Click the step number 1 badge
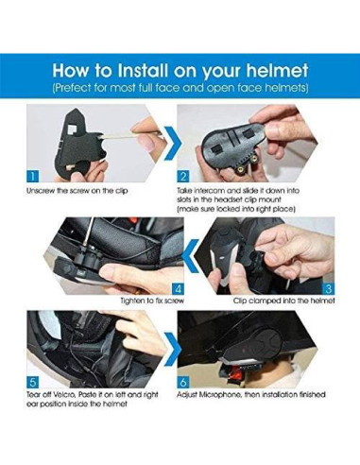[x=32, y=176]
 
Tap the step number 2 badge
[x=183, y=176]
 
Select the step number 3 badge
[x=328, y=288]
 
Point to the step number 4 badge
[x=178, y=288]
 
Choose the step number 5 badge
[x=32, y=382]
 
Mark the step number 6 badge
[x=183, y=382]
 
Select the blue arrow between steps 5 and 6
[x=172, y=350]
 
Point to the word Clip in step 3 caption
[x=240, y=301]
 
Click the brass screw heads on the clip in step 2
[x=243, y=167]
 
